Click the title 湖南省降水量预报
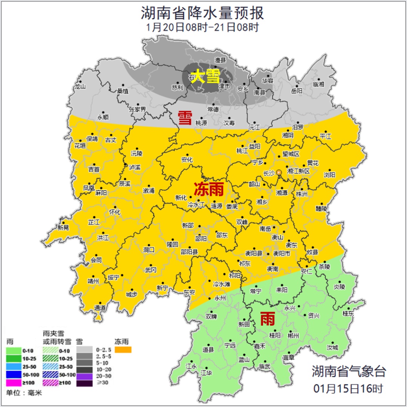[203, 13]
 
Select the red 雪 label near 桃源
[185, 118]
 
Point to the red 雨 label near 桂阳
[268, 319]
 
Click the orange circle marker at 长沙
[279, 172]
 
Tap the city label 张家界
[138, 109]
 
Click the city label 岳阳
[297, 91]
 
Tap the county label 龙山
[80, 86]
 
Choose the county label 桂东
[348, 313]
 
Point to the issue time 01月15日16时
[348, 388]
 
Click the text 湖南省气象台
[349, 371]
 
